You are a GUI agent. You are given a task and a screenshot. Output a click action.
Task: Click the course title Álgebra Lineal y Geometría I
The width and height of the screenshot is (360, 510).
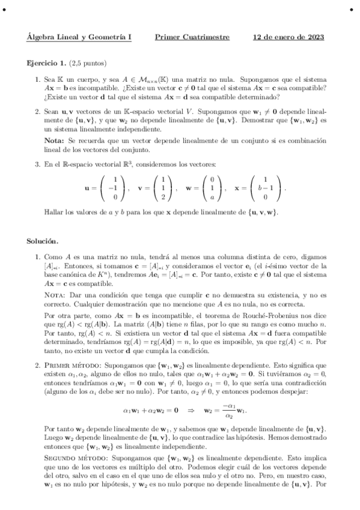pyautogui.click(x=79, y=37)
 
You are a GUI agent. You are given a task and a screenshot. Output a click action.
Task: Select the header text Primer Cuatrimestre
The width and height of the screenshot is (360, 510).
pyautogui.click(x=192, y=37)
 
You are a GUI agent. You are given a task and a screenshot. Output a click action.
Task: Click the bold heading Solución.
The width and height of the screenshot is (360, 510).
pyautogui.click(x=42, y=241)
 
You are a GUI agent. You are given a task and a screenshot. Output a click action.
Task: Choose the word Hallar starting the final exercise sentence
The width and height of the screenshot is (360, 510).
pyautogui.click(x=55, y=212)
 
